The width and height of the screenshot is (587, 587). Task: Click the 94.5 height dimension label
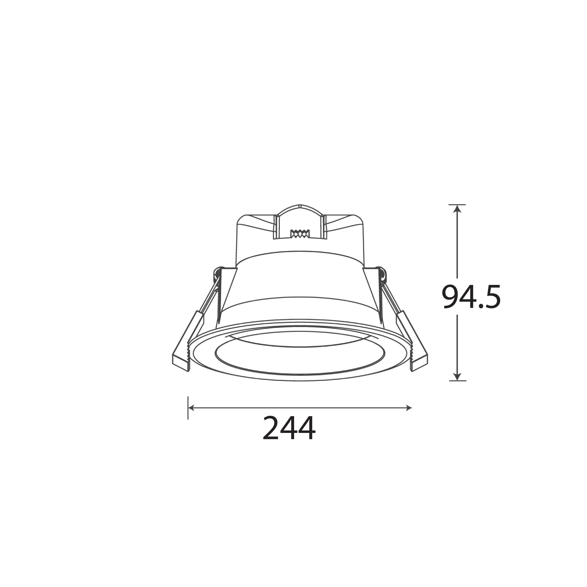click(471, 296)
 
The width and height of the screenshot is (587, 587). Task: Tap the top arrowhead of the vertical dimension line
click(457, 209)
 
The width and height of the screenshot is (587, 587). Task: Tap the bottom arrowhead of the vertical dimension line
click(457, 377)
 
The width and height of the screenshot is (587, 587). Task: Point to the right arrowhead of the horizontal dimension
click(408, 408)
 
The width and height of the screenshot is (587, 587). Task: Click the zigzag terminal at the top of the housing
click(300, 234)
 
